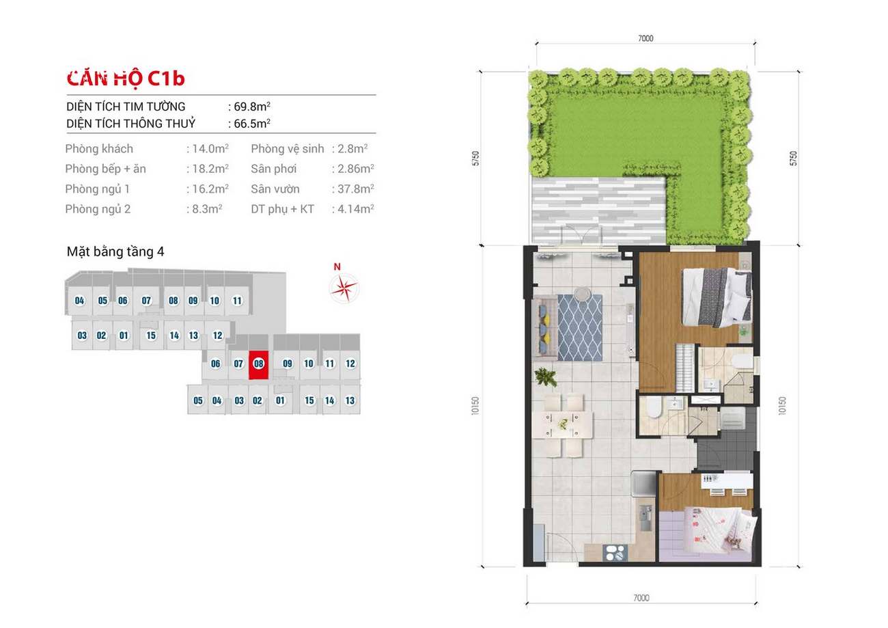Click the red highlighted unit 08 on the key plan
258,365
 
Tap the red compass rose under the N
344,288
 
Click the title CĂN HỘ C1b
126,79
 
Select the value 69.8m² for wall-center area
252,107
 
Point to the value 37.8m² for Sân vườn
356,189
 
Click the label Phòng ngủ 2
98,209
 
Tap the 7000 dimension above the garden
646,38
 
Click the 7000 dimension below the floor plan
641,597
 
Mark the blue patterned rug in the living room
580,327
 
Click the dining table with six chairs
564,424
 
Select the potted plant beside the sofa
546,377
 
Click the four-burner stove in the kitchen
615,553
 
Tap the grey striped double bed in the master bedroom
717,297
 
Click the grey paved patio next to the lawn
598,210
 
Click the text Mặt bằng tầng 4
115,251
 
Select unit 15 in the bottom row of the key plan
309,400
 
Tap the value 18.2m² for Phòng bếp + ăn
210,169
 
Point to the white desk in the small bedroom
727,482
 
